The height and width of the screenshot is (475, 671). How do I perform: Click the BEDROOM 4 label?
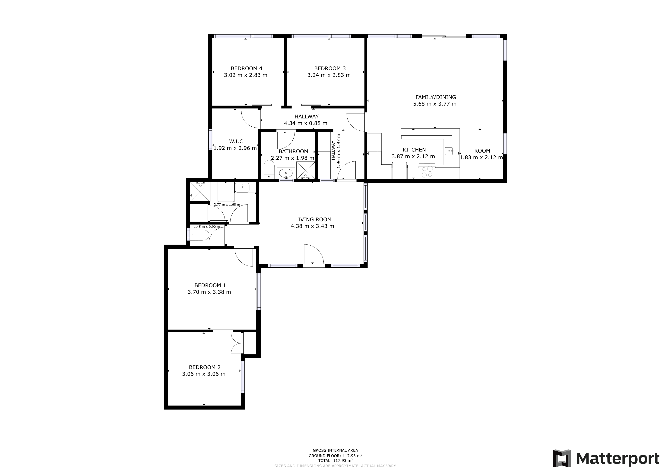[246, 68]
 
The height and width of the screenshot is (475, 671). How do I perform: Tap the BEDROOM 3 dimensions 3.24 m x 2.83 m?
[329, 75]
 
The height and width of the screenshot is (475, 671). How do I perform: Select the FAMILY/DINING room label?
[435, 97]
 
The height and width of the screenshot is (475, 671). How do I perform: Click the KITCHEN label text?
[414, 150]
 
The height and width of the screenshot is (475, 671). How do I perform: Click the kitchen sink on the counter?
[449, 151]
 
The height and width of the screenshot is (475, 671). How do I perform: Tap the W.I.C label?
[236, 141]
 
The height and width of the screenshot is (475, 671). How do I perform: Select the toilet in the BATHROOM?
[269, 169]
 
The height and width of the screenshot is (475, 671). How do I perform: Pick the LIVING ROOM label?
[313, 219]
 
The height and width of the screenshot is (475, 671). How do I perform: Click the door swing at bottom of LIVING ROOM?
[313, 254]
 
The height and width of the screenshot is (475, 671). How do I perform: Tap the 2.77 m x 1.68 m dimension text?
[227, 204]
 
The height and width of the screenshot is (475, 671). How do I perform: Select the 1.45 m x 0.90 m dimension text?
[207, 227]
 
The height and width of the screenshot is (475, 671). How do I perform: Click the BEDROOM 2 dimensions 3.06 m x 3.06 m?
[204, 374]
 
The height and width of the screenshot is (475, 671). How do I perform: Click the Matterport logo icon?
[561, 458]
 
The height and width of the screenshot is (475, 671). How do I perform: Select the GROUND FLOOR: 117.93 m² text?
[335, 456]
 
